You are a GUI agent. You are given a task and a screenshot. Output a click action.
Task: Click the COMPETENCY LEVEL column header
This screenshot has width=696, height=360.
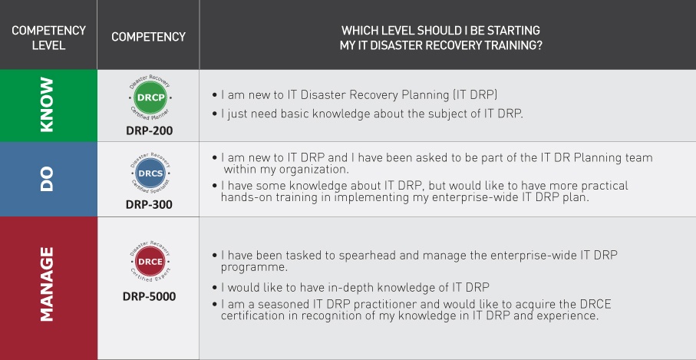(48, 38)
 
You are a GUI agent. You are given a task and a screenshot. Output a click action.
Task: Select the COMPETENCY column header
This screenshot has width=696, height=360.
(148, 37)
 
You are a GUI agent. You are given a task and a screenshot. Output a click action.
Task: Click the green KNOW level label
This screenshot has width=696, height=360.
(48, 105)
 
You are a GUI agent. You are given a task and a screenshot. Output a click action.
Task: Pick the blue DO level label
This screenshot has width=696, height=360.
(48, 179)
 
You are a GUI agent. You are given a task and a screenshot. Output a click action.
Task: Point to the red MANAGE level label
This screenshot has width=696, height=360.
(48, 283)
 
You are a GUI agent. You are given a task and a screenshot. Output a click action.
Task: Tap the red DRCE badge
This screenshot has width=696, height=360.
(149, 262)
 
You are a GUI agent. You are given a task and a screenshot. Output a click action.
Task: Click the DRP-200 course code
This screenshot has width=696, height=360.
(149, 130)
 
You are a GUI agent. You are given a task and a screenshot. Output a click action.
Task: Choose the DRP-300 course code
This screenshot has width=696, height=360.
(149, 205)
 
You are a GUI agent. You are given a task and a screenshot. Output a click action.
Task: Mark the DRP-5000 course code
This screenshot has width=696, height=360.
(149, 296)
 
